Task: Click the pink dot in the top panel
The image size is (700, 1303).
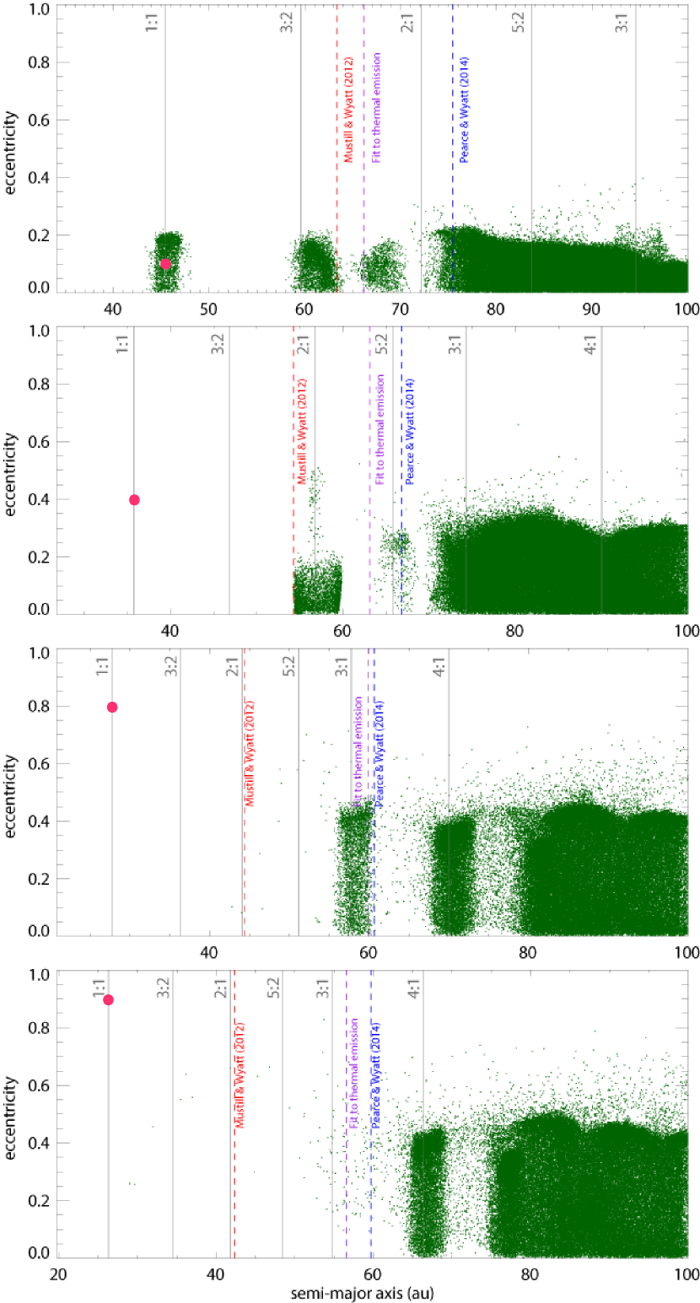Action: coord(165,264)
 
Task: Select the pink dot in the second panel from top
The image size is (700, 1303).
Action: coord(134,500)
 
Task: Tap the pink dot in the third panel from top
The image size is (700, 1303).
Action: coord(112,708)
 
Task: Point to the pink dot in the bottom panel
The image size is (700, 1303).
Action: coord(108,1000)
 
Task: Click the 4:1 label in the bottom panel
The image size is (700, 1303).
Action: coord(413,988)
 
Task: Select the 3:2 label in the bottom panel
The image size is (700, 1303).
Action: coord(164,988)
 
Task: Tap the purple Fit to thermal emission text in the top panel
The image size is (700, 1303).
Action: coord(376,107)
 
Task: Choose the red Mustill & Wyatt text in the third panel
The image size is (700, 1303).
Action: coord(250,753)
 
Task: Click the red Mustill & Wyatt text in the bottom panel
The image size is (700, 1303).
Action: coord(240,1075)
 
